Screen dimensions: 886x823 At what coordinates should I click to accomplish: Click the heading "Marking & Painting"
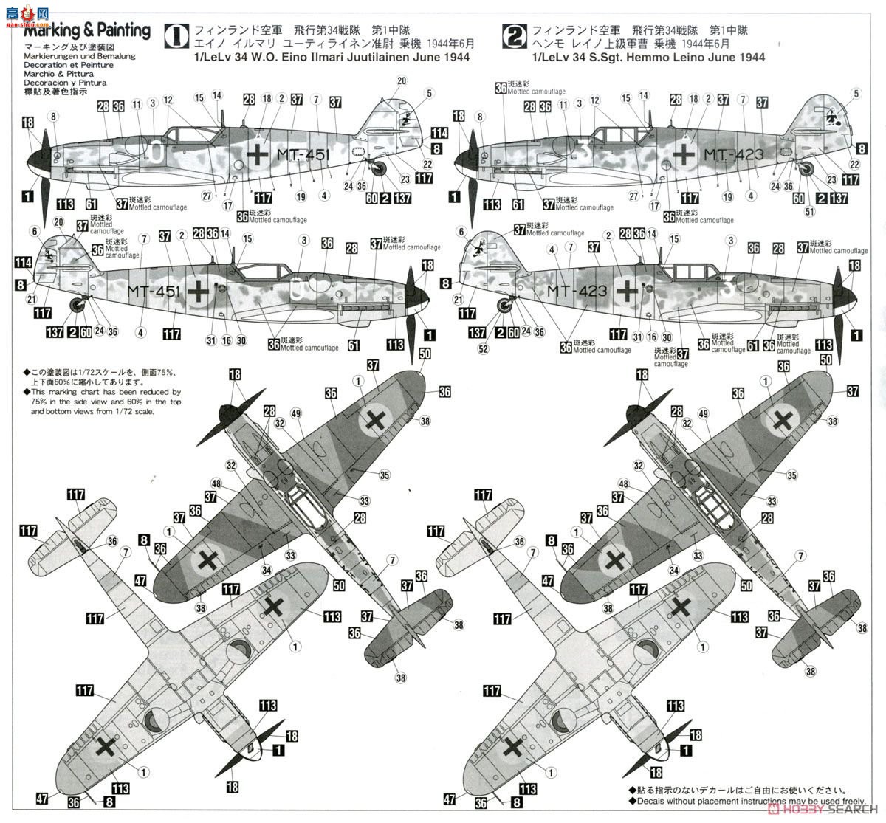[88, 31]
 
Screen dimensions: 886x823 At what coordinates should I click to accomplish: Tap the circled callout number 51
[808, 212]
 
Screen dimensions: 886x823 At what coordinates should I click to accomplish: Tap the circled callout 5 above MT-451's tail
[429, 93]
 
